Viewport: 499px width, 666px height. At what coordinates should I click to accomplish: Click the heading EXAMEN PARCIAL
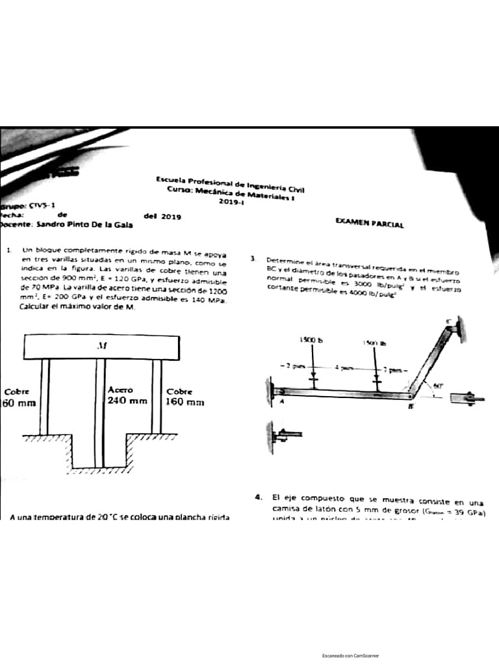coord(370,224)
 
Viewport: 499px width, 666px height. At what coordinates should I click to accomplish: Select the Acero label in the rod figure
coord(120,390)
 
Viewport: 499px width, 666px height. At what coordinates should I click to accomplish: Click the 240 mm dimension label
coord(128,401)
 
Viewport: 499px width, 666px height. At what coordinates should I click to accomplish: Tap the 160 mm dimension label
coord(186,403)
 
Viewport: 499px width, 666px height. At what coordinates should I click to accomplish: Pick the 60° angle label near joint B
coord(439,385)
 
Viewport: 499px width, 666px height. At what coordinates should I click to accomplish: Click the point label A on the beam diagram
coord(282,401)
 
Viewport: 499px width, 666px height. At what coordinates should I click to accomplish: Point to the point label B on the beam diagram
coord(412,407)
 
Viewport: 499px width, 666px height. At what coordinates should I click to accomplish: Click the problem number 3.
coord(252,259)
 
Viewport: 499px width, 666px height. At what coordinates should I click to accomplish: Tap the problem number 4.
coord(259,498)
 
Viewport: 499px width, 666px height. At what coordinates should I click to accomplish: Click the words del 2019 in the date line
coord(162,216)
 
